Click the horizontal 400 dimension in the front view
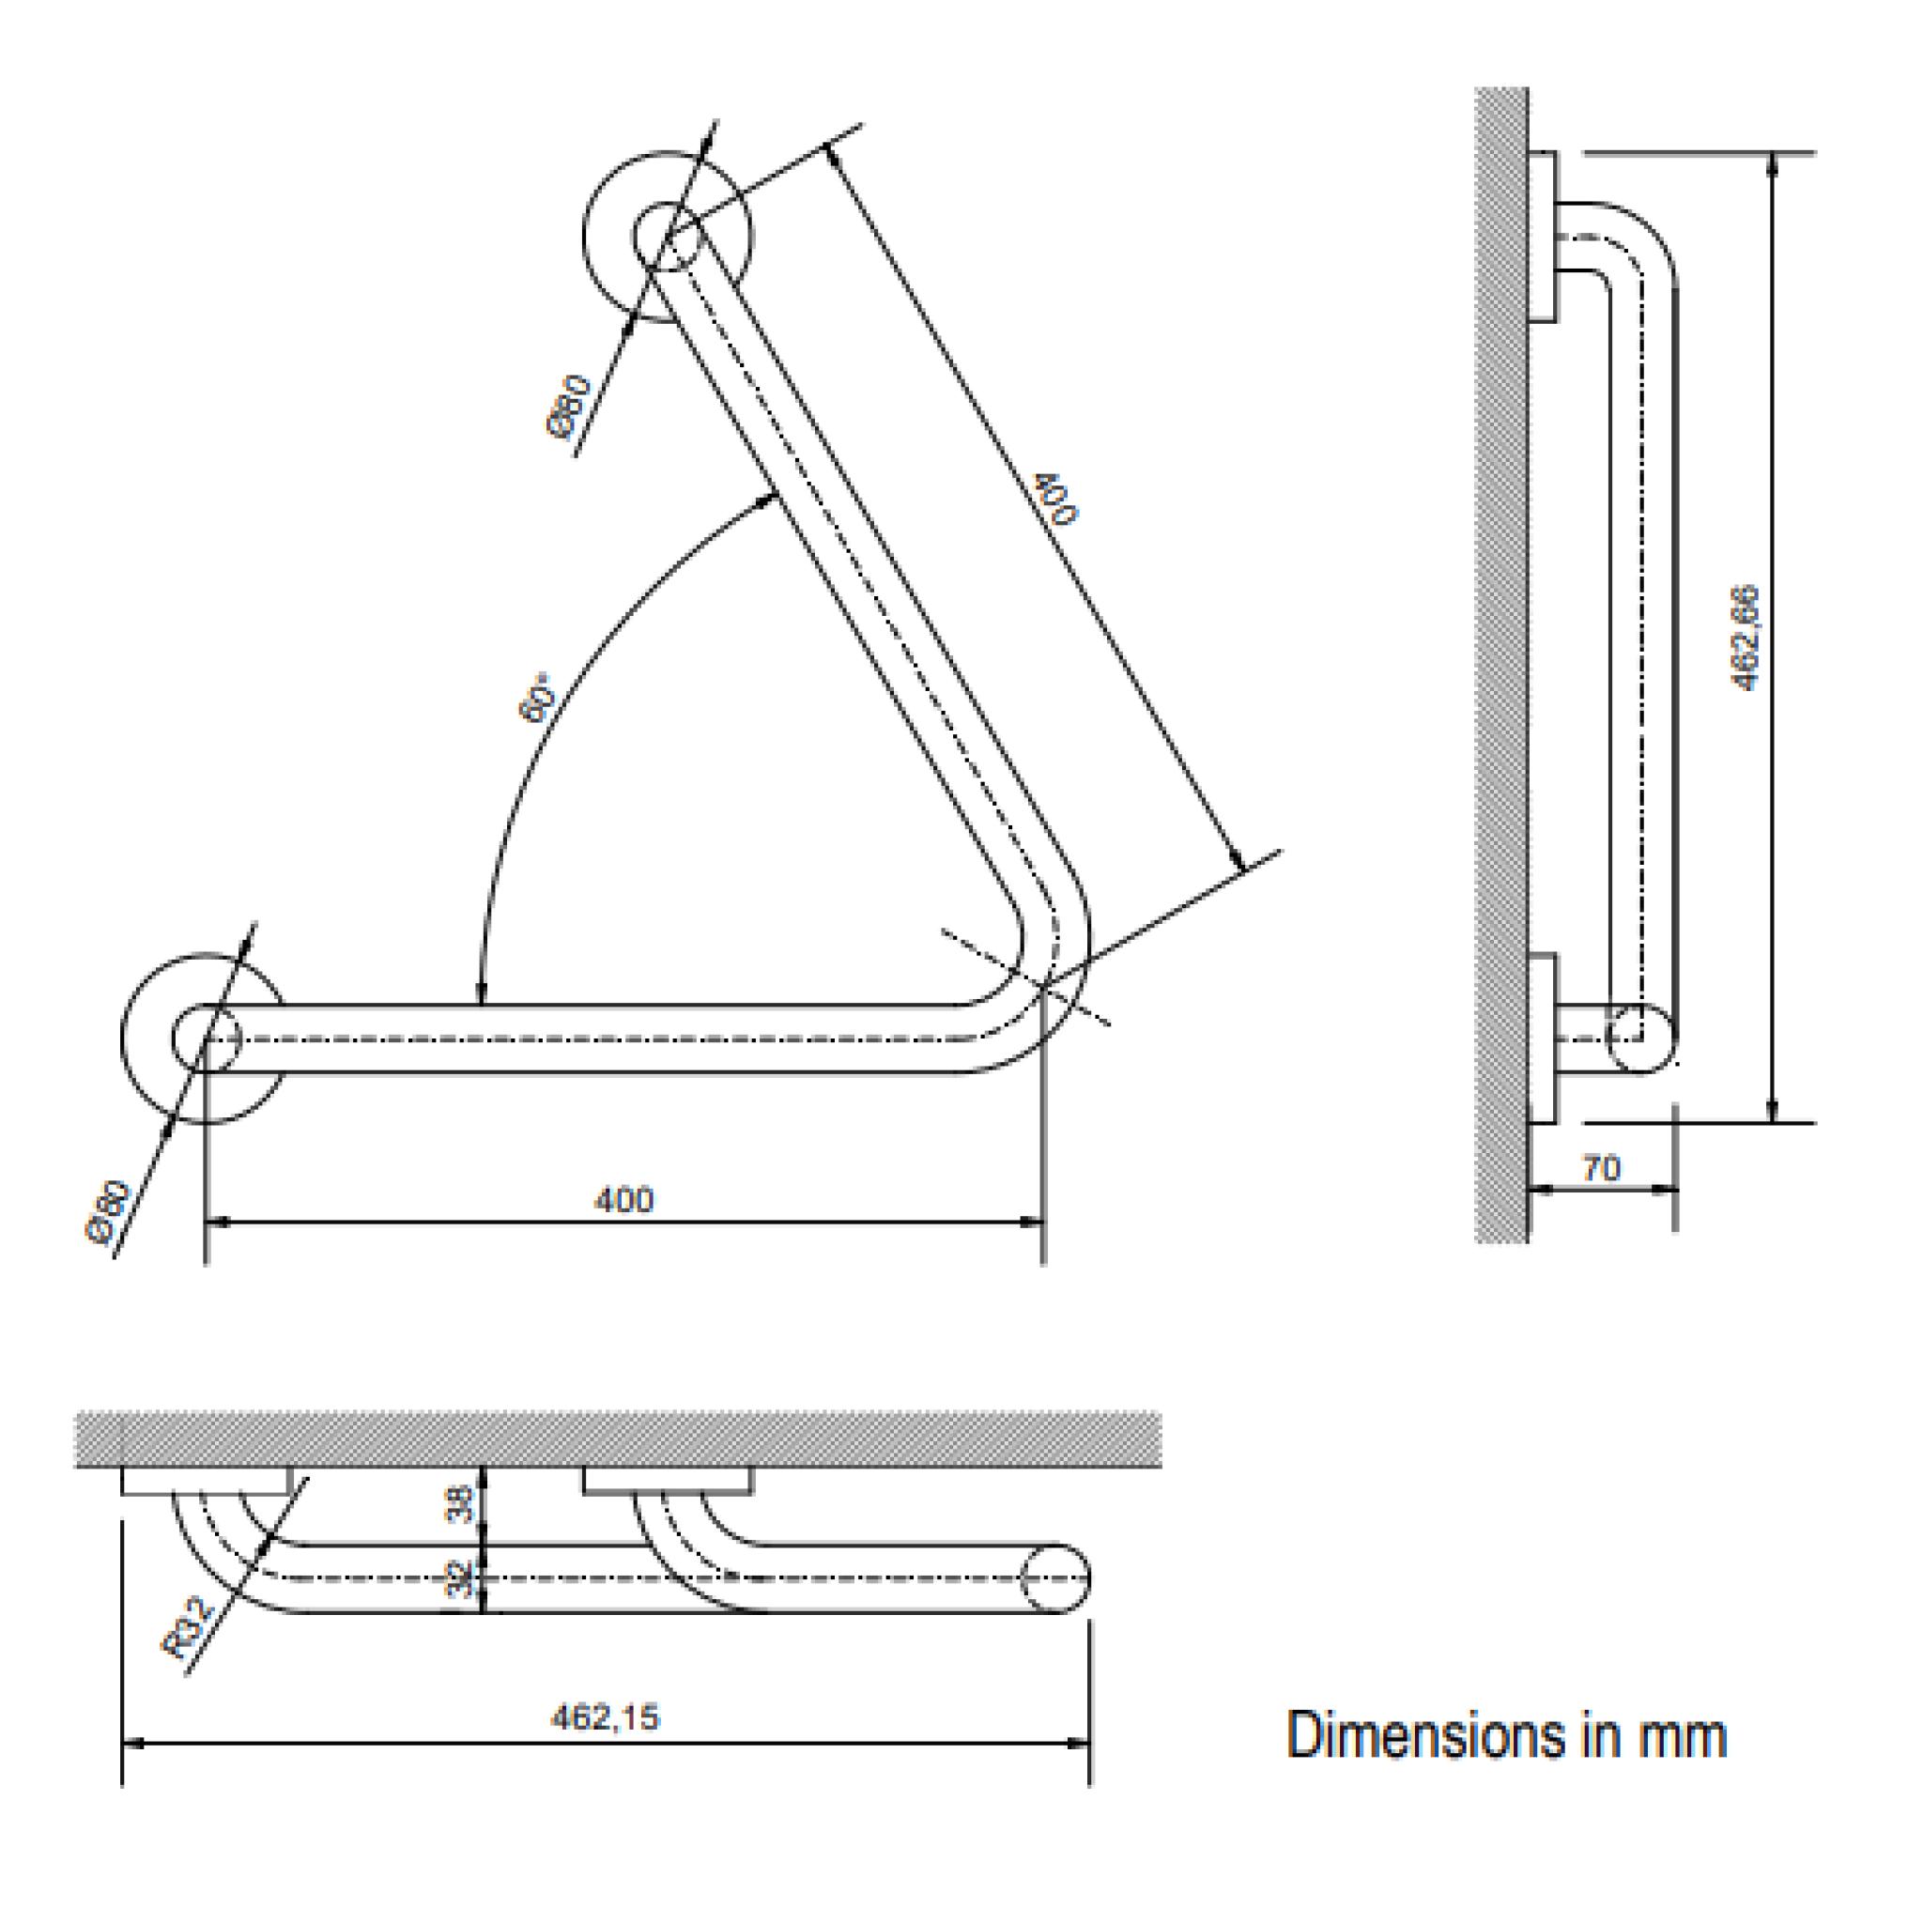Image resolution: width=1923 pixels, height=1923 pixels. [x=624, y=1199]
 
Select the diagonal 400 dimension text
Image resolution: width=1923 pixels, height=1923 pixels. [x=1055, y=499]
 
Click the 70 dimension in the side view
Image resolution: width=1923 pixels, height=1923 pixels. [x=1602, y=1168]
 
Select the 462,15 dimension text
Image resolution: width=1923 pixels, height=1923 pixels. [x=606, y=1718]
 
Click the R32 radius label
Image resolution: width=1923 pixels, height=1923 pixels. [x=188, y=1629]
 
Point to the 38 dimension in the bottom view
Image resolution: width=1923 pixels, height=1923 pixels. [x=460, y=1505]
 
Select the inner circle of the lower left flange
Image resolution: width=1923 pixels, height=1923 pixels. [x=205, y=1038]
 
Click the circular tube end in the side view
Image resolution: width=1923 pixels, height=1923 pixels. [x=1641, y=1038]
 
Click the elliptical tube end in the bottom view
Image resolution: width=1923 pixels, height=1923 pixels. [x=1055, y=1578]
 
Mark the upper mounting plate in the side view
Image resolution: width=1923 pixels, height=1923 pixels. [x=1542, y=237]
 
